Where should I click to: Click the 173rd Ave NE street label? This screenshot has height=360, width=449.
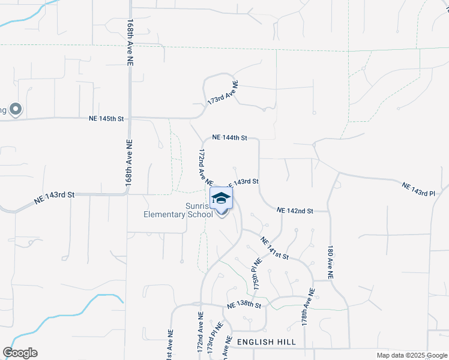223,94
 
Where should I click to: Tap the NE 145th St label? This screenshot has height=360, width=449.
106,119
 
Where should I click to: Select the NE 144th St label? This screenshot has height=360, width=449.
229,138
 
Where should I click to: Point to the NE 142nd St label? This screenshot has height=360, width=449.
295,211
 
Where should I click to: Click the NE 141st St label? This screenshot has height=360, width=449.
275,248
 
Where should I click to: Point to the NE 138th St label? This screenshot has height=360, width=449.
244,305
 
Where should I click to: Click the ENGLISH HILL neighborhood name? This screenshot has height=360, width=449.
267,341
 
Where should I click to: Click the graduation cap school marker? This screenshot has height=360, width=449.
221,199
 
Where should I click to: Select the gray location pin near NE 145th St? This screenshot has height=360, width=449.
16,109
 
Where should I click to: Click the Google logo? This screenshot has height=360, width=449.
20,353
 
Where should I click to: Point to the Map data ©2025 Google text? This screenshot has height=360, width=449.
411,355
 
